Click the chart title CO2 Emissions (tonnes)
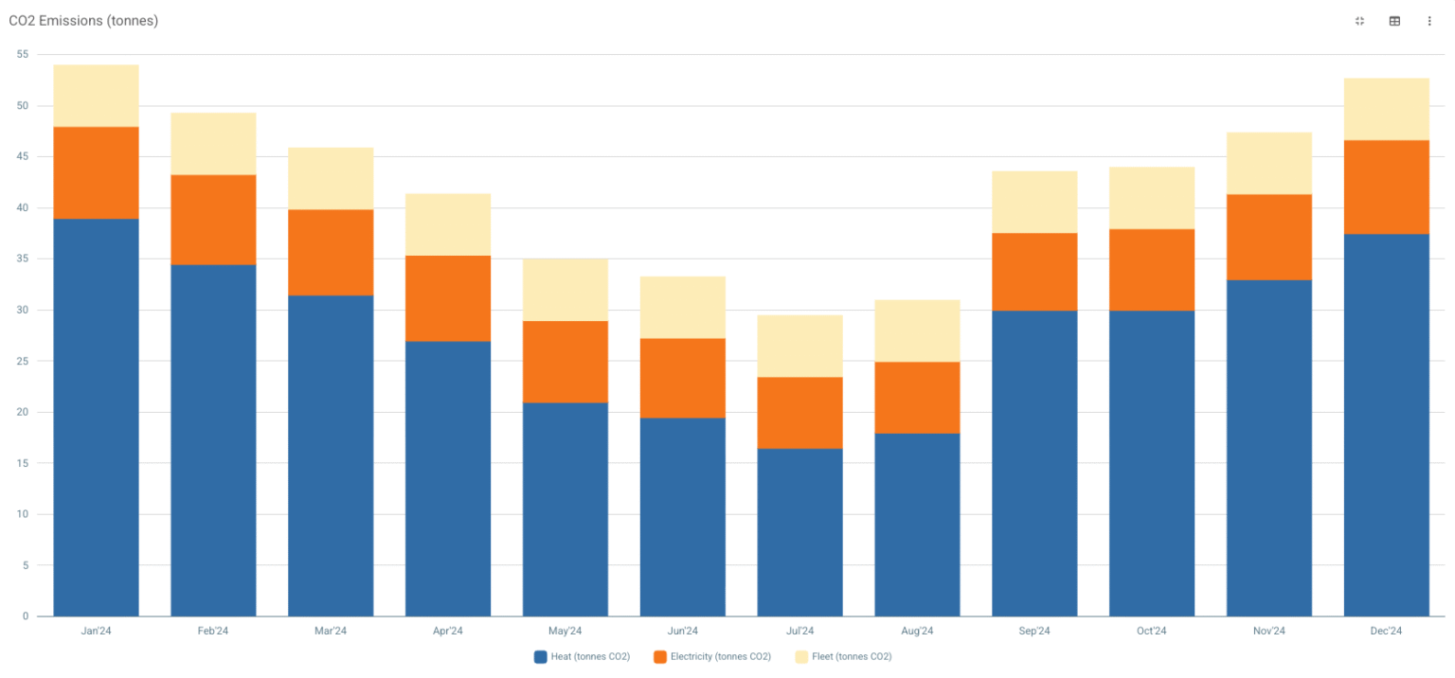[x=83, y=21]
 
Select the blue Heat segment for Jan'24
[x=96, y=417]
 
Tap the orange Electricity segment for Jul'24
[x=799, y=413]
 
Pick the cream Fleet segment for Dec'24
[x=1386, y=109]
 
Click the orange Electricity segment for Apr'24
[x=448, y=298]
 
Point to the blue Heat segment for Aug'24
[x=917, y=525]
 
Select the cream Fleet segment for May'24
[x=566, y=290]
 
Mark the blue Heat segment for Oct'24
[x=1152, y=463]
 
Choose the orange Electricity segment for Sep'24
[x=1034, y=272]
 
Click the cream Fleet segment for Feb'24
[x=213, y=144]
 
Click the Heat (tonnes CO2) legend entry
[x=582, y=656]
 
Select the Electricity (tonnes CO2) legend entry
[x=711, y=656]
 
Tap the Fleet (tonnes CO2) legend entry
[x=843, y=656]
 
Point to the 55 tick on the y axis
[x=22, y=55]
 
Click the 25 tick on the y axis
[x=22, y=361]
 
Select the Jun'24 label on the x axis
[x=682, y=631]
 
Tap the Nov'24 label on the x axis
[x=1268, y=631]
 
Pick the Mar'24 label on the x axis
[x=331, y=631]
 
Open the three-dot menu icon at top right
[x=1429, y=21]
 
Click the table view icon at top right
[x=1394, y=21]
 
